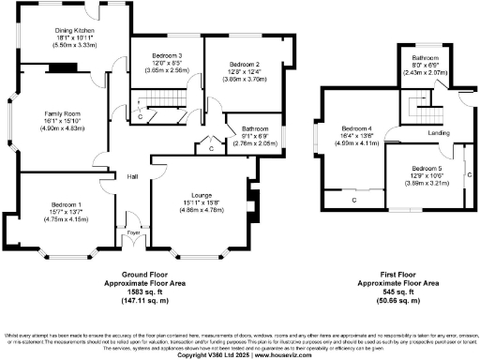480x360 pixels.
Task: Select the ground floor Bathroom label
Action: click(255, 127)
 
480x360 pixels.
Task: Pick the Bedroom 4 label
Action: click(357, 127)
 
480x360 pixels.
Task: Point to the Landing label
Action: click(439, 133)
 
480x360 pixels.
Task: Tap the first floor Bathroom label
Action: click(427, 57)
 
